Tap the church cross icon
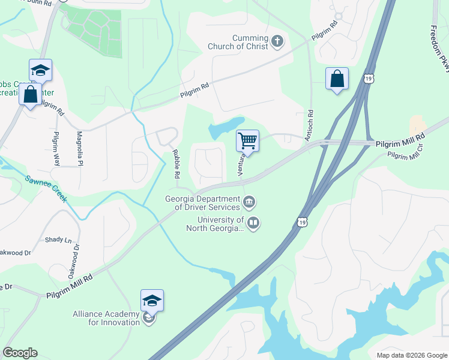[277, 41]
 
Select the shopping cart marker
[247, 142]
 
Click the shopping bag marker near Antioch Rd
[337, 79]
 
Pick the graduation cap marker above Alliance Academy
[152, 301]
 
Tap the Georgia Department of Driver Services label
[203, 203]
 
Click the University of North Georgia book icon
[253, 224]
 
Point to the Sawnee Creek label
[46, 188]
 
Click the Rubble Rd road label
[176, 164]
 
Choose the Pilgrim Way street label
[56, 148]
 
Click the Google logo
[19, 353]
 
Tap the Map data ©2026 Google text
[411, 355]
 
